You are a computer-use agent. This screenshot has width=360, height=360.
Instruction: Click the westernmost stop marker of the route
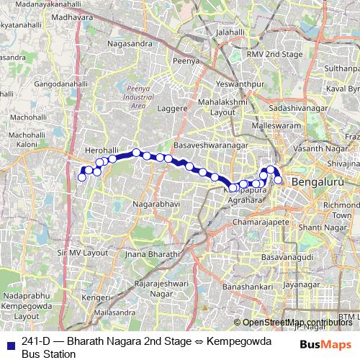point(81,177)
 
